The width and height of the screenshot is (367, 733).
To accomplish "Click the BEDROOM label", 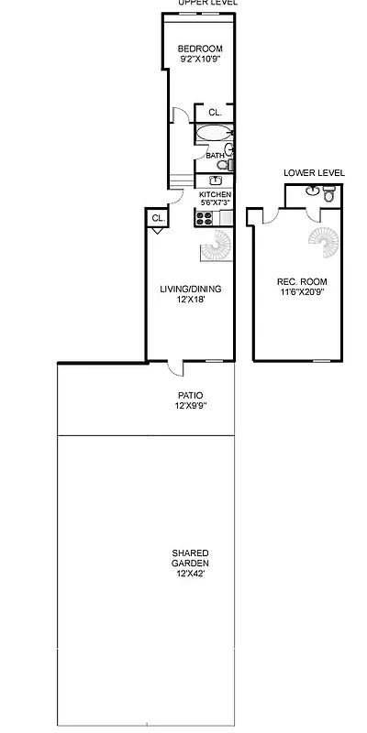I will [x=199, y=49].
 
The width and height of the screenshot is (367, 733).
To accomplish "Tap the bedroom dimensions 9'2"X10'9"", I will [x=199, y=60].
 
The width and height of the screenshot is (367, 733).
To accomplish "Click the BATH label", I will [x=214, y=156].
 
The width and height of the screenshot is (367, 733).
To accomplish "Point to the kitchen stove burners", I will [x=204, y=217].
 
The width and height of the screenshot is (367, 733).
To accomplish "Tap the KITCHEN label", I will [x=215, y=195].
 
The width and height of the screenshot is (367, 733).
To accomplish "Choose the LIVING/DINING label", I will [x=190, y=289].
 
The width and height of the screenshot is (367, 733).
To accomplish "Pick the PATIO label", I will [x=190, y=396].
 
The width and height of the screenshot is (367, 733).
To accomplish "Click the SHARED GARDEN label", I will [x=190, y=558].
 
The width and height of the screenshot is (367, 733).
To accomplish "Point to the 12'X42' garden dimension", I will [x=190, y=574].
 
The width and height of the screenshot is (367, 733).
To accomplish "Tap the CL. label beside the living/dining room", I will [x=157, y=218].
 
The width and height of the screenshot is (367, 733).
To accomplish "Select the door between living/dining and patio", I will [x=174, y=368].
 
